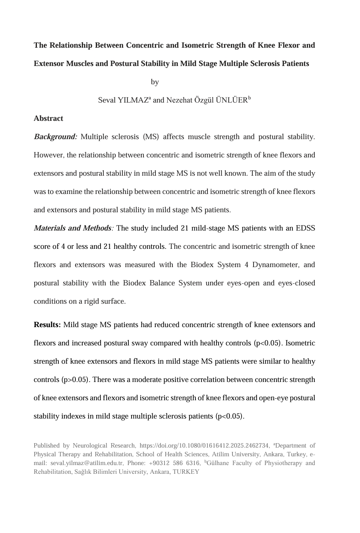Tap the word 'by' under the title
155,82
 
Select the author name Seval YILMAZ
123,101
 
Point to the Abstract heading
48,118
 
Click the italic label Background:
56,137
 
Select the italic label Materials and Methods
72,229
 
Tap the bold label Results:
47,325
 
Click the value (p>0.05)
75,380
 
